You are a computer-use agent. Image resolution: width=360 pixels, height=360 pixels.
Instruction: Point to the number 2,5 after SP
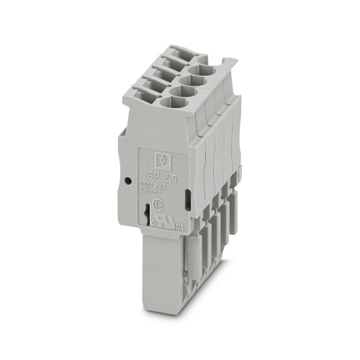pos(171,176)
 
